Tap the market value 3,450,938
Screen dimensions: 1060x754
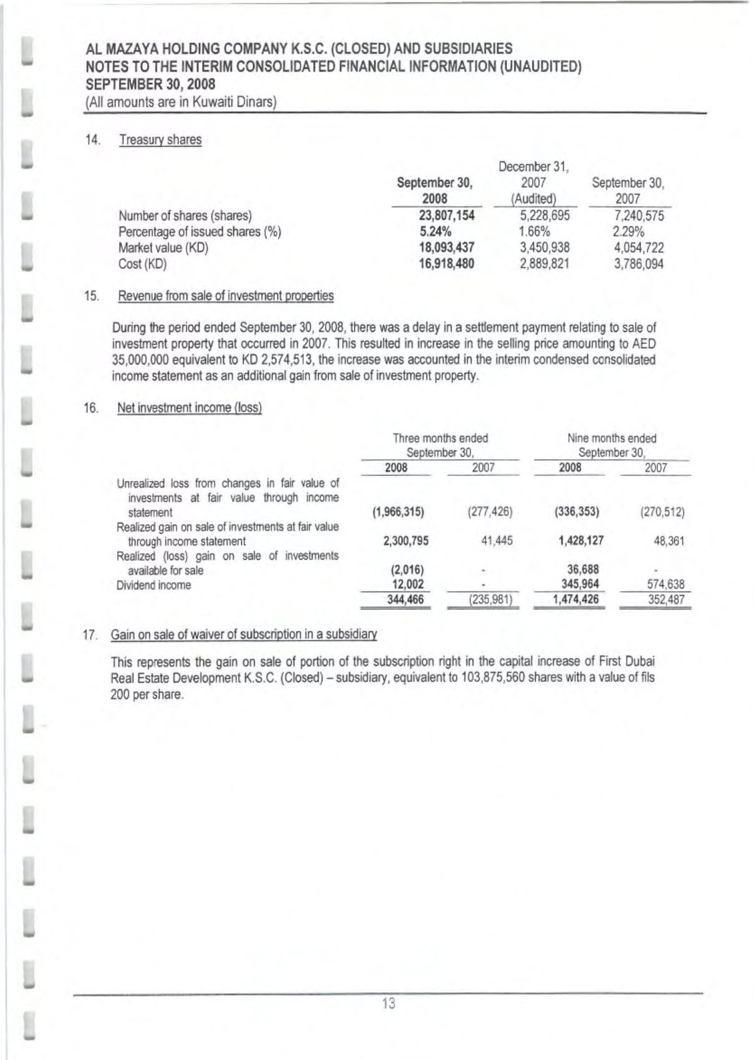[544, 248]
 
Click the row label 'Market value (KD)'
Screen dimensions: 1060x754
[163, 248]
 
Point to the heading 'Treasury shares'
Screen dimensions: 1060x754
[160, 140]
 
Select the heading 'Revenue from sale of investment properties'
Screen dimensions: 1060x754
[225, 296]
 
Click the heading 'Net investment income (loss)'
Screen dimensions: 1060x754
[189, 408]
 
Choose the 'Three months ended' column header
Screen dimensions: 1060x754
[440, 438]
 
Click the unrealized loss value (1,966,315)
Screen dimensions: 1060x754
[398, 512]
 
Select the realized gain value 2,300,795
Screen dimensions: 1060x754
[406, 541]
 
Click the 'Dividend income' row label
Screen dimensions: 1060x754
[153, 585]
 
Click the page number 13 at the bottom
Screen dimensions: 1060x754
[389, 1004]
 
